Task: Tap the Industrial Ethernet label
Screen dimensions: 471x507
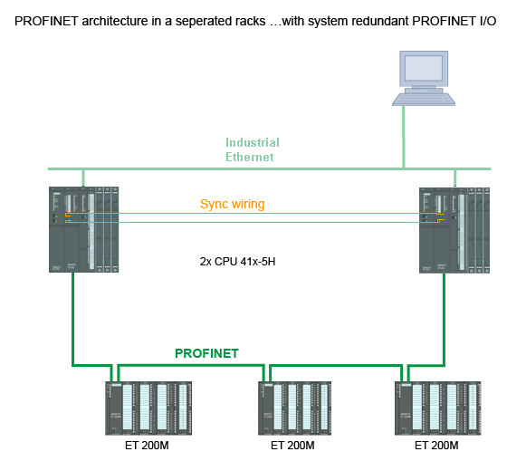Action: coord(252,149)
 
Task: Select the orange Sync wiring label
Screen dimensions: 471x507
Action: coord(233,205)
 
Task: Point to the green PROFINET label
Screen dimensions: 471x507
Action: coord(206,353)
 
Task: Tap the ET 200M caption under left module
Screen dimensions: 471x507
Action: coord(147,446)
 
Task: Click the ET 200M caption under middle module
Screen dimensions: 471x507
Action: coord(292,446)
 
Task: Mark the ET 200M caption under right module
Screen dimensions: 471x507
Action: coord(436,446)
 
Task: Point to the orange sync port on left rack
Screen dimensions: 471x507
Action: coord(68,216)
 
